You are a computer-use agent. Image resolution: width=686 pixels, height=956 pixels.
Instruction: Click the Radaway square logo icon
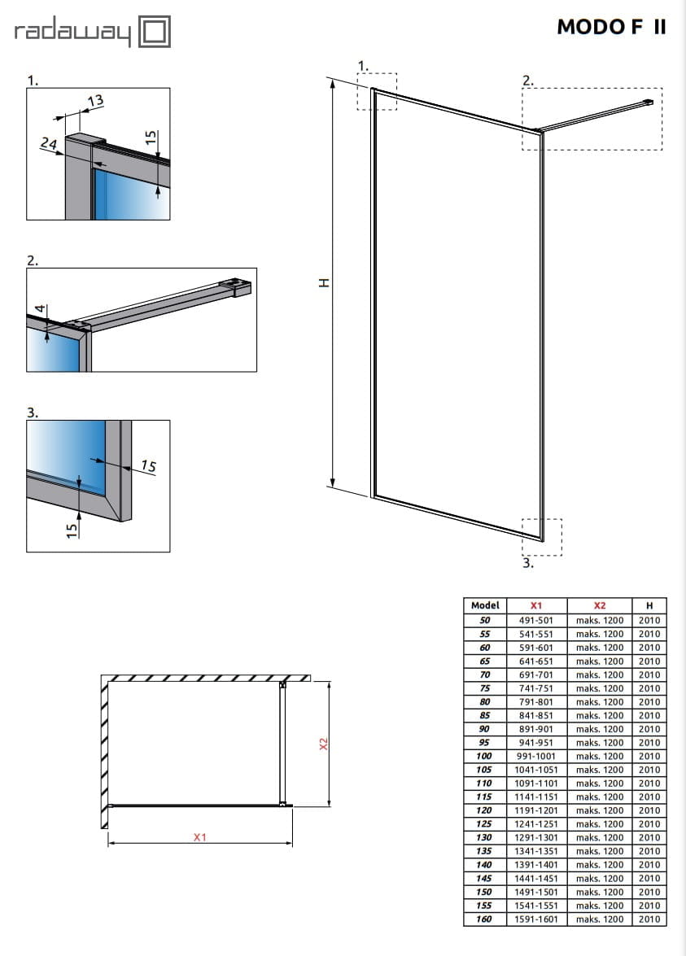(x=155, y=33)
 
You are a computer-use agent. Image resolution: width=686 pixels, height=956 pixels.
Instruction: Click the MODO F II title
(x=611, y=27)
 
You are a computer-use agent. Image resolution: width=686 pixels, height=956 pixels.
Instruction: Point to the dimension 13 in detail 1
(x=95, y=101)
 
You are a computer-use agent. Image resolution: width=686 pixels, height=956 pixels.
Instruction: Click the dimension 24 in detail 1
(x=48, y=143)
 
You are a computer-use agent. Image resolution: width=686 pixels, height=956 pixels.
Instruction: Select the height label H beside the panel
(x=323, y=282)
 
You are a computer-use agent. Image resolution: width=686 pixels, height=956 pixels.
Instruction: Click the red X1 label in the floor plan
(x=200, y=836)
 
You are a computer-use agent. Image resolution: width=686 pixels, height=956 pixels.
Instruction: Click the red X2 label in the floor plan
(x=323, y=744)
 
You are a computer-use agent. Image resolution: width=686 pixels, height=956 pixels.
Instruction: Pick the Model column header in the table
(x=485, y=605)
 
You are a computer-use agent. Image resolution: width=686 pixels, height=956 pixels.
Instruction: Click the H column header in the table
(x=649, y=605)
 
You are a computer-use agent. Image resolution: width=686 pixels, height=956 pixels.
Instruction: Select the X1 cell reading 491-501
(x=535, y=620)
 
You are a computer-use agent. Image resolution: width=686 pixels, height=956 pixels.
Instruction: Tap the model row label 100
(x=485, y=756)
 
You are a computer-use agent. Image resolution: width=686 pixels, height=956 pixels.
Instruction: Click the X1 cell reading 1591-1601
(x=535, y=919)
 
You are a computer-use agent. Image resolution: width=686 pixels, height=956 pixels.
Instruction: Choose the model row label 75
(x=485, y=688)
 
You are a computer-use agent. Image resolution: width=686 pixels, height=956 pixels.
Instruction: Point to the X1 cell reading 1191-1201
(x=535, y=810)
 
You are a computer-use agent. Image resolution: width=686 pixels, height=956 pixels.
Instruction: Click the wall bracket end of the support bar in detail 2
(x=239, y=286)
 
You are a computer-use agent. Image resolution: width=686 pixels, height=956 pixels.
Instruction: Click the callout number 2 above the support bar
(x=527, y=80)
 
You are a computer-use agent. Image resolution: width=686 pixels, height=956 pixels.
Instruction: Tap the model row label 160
(x=485, y=919)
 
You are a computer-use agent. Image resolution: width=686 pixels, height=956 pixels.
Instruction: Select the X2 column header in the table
(x=600, y=605)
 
